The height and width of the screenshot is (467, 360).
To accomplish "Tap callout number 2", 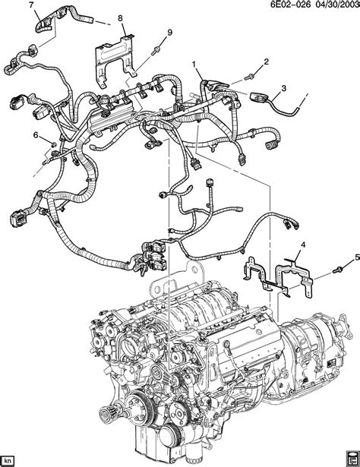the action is point(266,62).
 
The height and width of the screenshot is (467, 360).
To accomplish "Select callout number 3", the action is point(283,88).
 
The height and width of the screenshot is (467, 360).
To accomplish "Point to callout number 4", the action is point(303,245).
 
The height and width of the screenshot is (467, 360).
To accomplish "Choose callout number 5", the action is point(357,258).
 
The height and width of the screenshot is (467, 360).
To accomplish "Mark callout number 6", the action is point(36,135).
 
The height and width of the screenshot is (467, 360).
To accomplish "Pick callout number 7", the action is point(32,5).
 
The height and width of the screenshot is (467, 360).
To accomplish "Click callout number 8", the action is point(120,18).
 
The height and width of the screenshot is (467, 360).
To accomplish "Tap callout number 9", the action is point(169,33).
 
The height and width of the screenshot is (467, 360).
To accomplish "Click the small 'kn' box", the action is point(8,459).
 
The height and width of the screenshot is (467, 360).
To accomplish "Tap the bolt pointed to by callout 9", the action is point(156,50).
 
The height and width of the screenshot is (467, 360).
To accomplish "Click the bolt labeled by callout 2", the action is point(248,77).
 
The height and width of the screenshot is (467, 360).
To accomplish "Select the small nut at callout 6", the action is point(53,144).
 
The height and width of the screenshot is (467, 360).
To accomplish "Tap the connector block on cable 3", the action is point(258,97).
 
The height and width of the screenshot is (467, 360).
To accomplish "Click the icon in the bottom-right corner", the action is point(352,459).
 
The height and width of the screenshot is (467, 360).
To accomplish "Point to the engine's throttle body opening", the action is point(132,347).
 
